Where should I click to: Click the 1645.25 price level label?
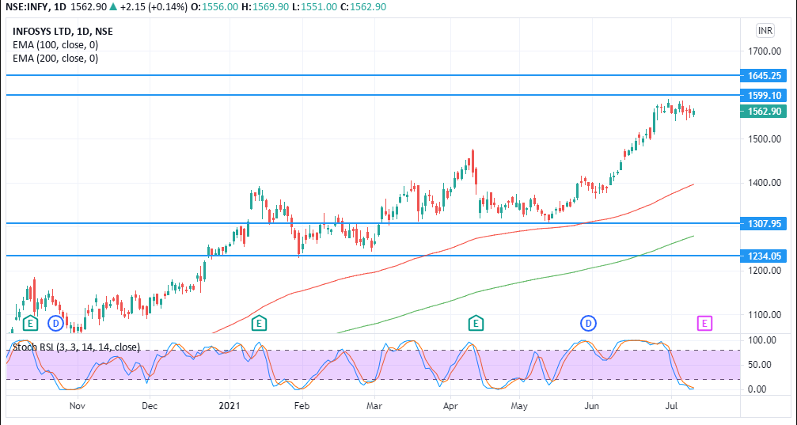coord(765,75)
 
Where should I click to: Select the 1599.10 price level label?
coord(765,95)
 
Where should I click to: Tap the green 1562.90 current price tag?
coord(765,112)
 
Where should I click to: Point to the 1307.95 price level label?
coord(765,223)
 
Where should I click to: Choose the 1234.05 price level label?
coord(765,256)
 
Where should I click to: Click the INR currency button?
coord(765,31)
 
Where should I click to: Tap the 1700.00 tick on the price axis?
coord(765,51)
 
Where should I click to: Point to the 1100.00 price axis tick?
coord(765,315)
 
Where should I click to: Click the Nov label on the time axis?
coord(77,406)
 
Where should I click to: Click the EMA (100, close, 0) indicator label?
coord(55,45)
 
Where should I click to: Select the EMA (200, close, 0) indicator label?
coord(55,58)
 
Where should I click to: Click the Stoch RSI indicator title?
coord(76,347)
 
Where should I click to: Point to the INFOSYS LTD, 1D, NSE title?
coord(63,32)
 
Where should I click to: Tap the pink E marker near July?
coord(704,322)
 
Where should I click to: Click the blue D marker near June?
coord(589,322)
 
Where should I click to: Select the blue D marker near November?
coord(55,322)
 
